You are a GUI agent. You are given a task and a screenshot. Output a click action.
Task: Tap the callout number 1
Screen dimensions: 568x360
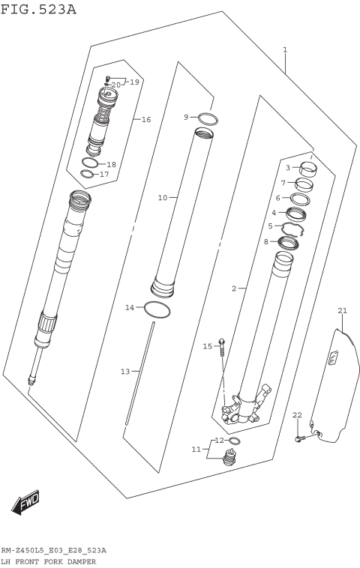point(285,50)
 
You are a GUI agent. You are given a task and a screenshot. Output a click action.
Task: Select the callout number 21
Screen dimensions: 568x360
point(342,310)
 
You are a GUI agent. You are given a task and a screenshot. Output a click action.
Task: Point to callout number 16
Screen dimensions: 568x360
point(145,120)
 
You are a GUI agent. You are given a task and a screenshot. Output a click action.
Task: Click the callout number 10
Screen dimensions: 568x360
point(162,198)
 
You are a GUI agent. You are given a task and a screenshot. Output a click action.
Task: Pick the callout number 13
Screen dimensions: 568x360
point(125,372)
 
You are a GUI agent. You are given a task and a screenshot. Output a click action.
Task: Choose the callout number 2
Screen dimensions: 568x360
point(234,288)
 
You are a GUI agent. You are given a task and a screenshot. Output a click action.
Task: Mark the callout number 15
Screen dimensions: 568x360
point(208,346)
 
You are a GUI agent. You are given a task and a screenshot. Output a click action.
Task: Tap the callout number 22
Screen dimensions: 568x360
point(296,415)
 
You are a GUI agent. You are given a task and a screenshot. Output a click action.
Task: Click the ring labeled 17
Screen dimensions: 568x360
point(87,175)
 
